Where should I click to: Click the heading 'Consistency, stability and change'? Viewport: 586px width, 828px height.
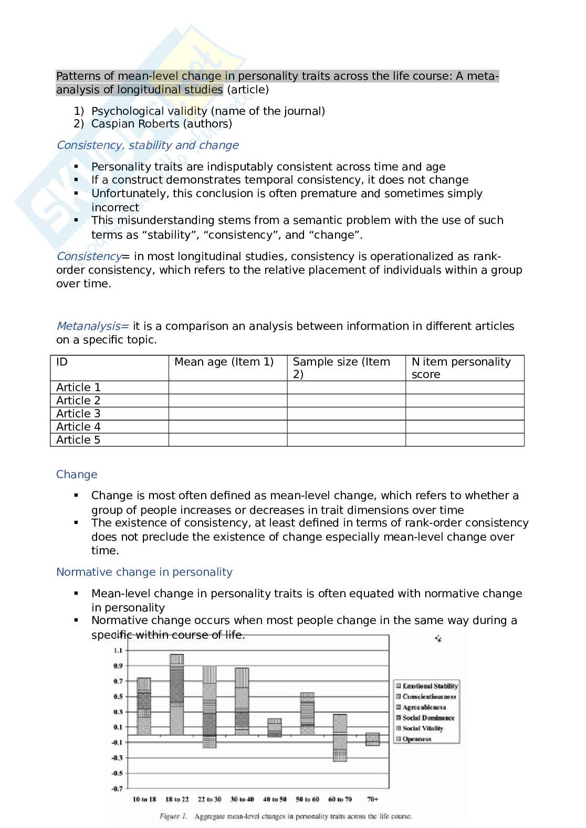(x=147, y=145)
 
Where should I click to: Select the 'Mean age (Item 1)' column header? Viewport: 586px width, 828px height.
(x=224, y=362)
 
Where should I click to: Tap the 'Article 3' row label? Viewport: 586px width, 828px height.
(x=78, y=414)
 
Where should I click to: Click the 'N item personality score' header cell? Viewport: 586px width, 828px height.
(x=461, y=368)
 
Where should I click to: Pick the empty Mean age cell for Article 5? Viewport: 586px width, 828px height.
(x=227, y=440)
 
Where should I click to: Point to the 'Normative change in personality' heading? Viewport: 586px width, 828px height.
(x=144, y=572)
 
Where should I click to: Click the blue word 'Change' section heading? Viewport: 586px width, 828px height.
(x=77, y=475)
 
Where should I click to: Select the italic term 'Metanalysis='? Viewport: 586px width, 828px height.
(x=92, y=326)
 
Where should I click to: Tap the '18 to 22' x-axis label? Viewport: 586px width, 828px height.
(x=177, y=799)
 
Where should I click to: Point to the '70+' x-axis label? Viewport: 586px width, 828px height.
(x=373, y=799)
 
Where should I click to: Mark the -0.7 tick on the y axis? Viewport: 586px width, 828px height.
(x=117, y=788)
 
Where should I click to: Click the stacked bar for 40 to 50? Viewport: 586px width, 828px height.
(x=275, y=727)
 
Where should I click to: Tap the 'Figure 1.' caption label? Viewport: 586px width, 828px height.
(x=173, y=816)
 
